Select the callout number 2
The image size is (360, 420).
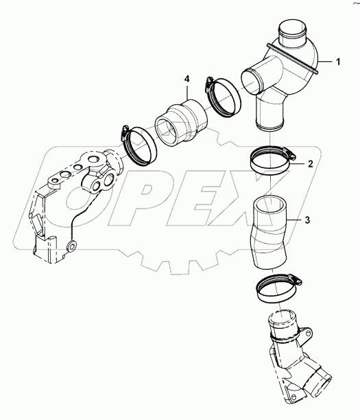tap(311, 164)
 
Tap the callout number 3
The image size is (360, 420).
tap(308, 220)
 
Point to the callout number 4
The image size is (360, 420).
tap(187, 81)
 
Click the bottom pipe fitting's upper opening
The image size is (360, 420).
tap(283, 319)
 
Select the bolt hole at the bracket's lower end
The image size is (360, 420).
tap(71, 246)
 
